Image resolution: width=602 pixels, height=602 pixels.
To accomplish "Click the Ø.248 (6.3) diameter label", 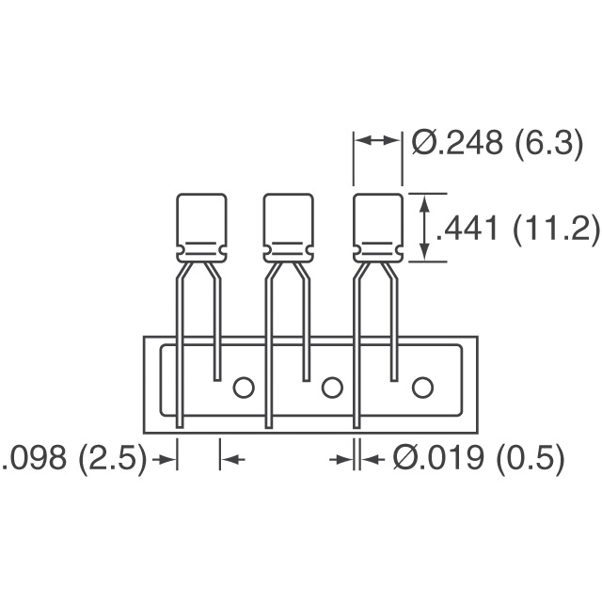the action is [x=498, y=143].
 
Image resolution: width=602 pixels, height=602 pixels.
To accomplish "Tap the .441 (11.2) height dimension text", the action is [x=516, y=229].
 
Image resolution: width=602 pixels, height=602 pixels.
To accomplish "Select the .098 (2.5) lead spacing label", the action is [x=74, y=458].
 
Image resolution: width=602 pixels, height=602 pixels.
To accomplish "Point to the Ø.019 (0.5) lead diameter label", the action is [x=479, y=458].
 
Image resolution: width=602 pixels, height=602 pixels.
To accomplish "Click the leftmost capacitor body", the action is [x=201, y=228].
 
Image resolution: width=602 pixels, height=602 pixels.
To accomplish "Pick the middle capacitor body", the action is [x=289, y=228].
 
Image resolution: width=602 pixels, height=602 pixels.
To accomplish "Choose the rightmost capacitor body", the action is [x=378, y=228].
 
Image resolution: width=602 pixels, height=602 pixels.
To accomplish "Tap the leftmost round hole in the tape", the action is [x=244, y=388].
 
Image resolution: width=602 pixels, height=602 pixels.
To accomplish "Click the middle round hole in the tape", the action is [x=332, y=388].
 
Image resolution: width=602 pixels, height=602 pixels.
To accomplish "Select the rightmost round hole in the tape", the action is [x=422, y=388].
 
